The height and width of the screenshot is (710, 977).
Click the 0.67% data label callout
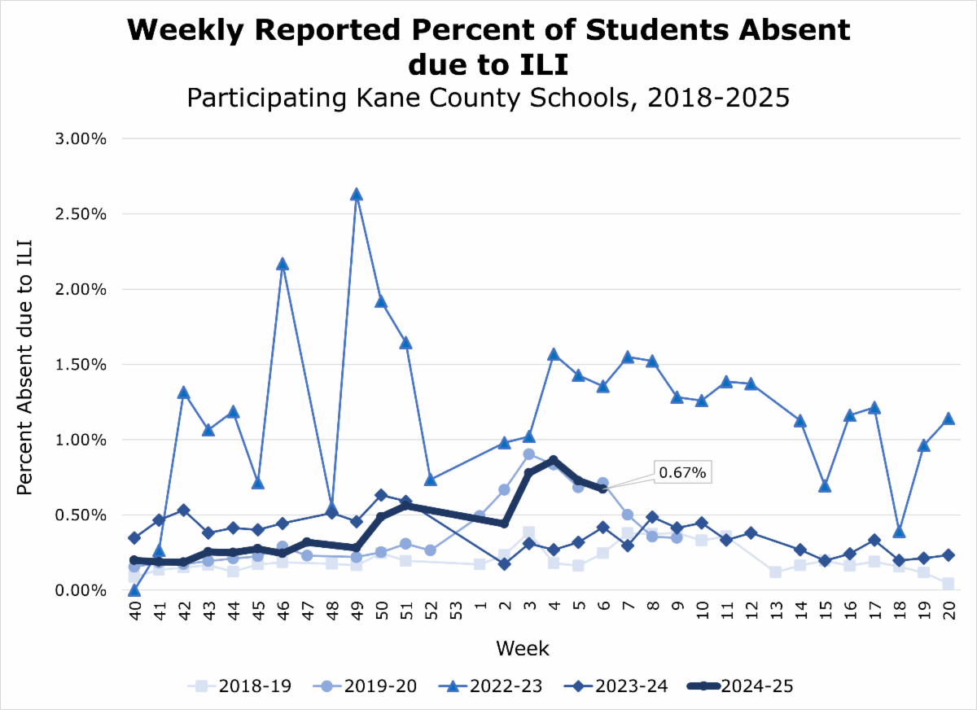pos(683,471)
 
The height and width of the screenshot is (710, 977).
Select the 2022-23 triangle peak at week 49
pos(356,195)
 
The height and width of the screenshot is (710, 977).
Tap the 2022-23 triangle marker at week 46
pos(282,264)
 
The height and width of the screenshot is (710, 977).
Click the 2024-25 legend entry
pos(740,686)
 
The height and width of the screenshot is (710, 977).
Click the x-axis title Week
pos(522,649)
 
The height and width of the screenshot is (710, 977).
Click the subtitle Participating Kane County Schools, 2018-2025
pos(488,98)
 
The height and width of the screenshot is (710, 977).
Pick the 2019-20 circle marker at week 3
pos(528,454)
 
